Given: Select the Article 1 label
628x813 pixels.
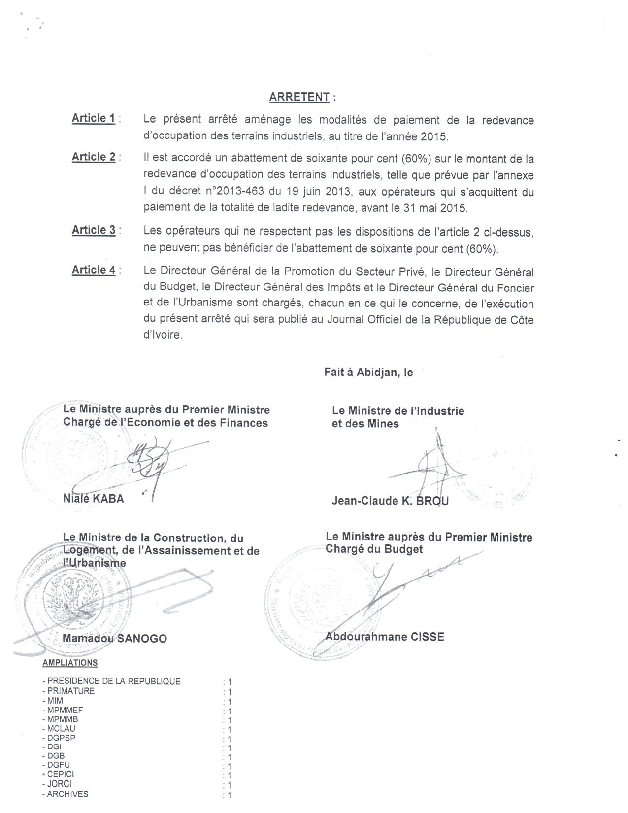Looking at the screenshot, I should (x=94, y=118).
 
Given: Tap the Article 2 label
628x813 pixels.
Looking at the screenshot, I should (x=94, y=157).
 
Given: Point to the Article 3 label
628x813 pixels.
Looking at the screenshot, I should (x=94, y=230).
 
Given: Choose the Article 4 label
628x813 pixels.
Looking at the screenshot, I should (x=94, y=270).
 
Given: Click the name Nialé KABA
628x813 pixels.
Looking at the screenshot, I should (x=94, y=499).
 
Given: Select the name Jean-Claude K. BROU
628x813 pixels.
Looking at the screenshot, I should (x=390, y=501).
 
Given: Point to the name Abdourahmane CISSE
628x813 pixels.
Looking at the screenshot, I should (x=385, y=637).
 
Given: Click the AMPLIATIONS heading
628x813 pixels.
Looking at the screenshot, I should (x=70, y=663).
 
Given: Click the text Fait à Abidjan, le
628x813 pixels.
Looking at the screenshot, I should (x=368, y=373).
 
